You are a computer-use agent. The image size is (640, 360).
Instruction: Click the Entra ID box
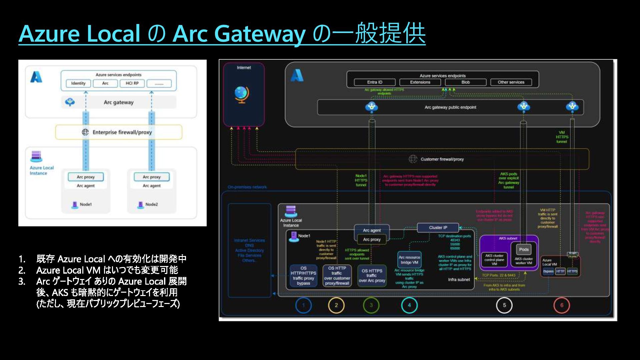pos(375,82)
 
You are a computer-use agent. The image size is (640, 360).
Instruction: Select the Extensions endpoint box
pos(420,82)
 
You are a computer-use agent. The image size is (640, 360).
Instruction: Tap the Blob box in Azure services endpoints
pos(465,82)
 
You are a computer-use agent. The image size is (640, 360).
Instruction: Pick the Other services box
pos(511,82)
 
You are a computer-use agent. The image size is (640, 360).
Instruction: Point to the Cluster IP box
pos(438,228)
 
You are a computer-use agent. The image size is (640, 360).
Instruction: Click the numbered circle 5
pos(504,305)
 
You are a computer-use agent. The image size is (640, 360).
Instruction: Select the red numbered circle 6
pos(562,305)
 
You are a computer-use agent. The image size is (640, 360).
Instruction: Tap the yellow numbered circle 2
pos(336,305)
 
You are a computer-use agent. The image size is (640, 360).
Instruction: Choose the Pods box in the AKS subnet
pos(524,250)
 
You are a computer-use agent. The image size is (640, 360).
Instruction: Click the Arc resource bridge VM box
pos(409,260)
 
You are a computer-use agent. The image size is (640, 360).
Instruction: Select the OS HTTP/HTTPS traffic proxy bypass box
pos(303,276)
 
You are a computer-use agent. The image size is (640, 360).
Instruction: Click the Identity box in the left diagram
pos(78,83)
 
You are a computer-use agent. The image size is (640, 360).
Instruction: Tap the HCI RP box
pos(132,83)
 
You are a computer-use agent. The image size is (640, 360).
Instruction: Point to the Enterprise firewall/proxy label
pos(122,132)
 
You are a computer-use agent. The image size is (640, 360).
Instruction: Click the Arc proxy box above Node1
pos(86,177)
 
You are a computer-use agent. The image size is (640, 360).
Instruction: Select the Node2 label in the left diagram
pos(152,204)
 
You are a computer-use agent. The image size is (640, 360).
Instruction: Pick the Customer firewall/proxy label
pos(442,159)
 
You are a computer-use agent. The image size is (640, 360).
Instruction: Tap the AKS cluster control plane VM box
pos(494,260)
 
